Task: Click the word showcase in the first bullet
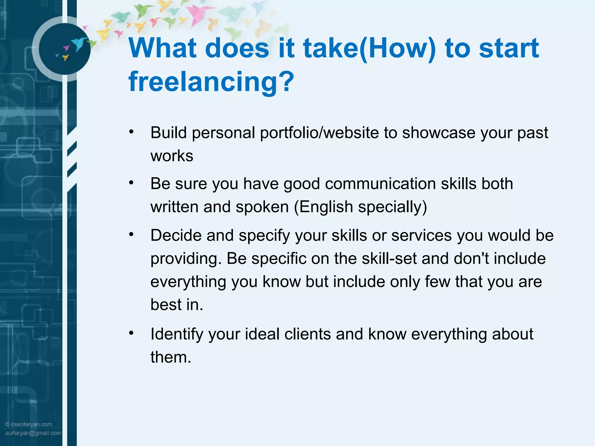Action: pyautogui.click(x=438, y=133)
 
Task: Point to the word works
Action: pyautogui.click(x=172, y=156)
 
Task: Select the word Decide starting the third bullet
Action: pyautogui.click(x=176, y=235)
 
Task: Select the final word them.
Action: pyautogui.click(x=171, y=357)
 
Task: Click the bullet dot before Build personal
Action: pyautogui.click(x=131, y=132)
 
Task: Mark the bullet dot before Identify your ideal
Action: pyautogui.click(x=131, y=333)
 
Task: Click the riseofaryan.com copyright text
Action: pyautogui.click(x=29, y=424)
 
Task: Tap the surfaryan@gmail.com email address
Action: pyautogui.click(x=33, y=433)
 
